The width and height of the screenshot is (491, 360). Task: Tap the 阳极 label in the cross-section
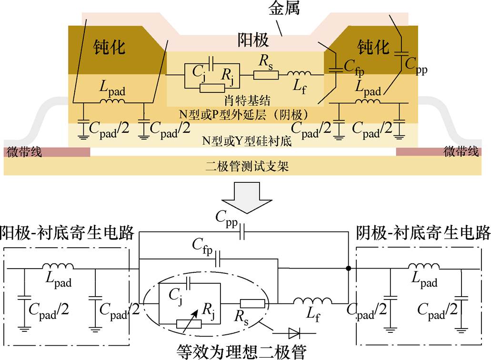coord(253,40)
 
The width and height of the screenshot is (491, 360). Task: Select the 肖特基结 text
coord(247,100)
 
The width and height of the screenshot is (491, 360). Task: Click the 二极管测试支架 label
coord(247,167)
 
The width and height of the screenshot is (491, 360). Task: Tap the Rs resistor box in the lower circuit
coord(250,302)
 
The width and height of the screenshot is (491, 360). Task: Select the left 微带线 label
coord(24,152)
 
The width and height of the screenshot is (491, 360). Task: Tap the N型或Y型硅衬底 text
coord(247,141)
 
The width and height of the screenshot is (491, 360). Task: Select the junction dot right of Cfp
coord(349,269)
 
